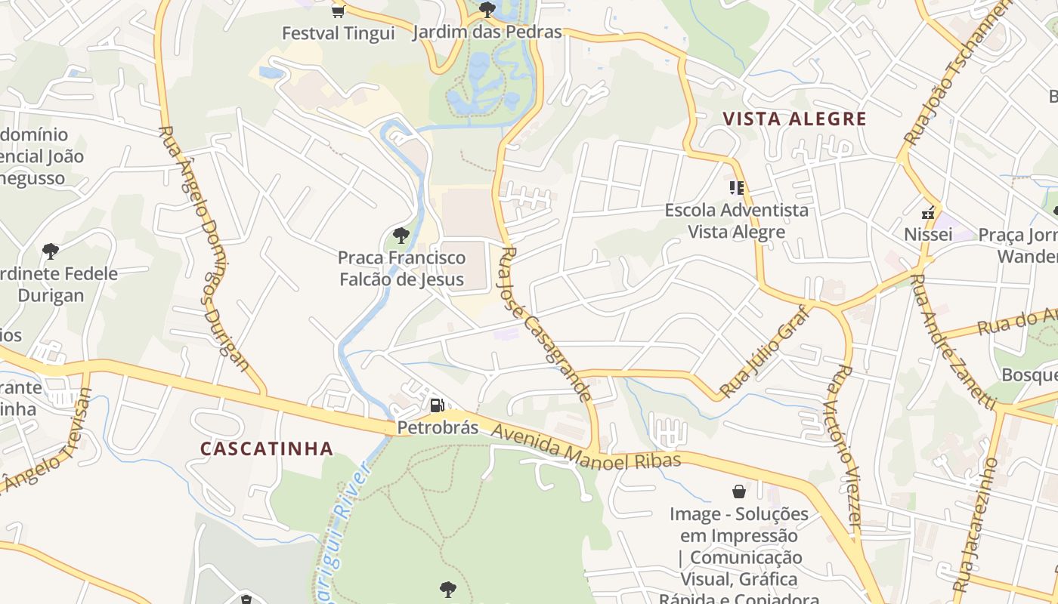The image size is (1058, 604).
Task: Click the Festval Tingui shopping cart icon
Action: pyautogui.click(x=338, y=11)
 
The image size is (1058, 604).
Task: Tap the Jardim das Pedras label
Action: pyautogui.click(x=487, y=32)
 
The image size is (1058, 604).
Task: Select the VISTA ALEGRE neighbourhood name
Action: pyautogui.click(x=794, y=119)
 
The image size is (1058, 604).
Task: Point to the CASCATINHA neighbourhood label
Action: pyautogui.click(x=267, y=448)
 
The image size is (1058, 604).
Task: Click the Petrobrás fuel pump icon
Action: pyautogui.click(x=437, y=405)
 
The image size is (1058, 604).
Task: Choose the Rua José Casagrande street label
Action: pyautogui.click(x=543, y=323)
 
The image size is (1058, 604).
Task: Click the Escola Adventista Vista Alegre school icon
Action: pyautogui.click(x=736, y=187)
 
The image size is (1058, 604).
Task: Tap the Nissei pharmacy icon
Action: pyautogui.click(x=928, y=214)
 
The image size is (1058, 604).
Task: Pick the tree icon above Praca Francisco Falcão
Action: pyautogui.click(x=401, y=236)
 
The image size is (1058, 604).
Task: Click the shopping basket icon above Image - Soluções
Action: pyautogui.click(x=739, y=492)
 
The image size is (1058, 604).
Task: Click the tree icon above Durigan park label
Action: pyautogui.click(x=51, y=251)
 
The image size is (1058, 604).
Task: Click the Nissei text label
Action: pyautogui.click(x=928, y=235)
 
